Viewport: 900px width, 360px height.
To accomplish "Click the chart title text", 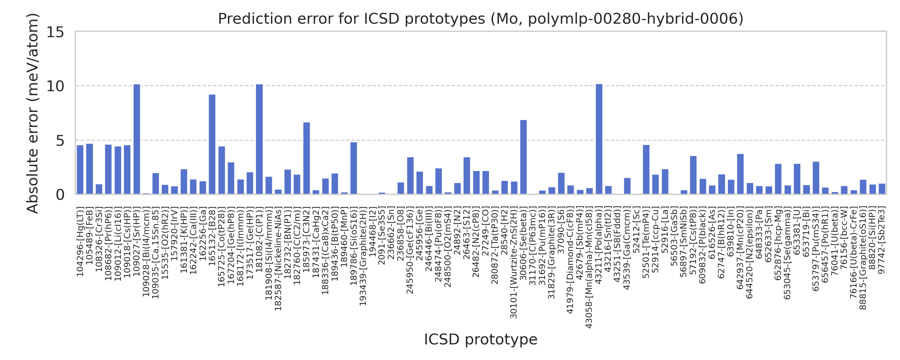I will click(480, 19).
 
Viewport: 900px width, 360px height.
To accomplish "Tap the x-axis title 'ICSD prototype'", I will click(480, 339).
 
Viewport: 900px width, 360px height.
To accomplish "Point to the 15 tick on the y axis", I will click(55, 32).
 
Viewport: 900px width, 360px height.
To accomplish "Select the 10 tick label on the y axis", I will click(55, 86).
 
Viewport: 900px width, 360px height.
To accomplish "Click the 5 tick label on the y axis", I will click(60, 141).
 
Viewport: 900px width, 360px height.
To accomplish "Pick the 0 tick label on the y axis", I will click(60, 195).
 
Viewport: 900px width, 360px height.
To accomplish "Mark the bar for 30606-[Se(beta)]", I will click(523, 157).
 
